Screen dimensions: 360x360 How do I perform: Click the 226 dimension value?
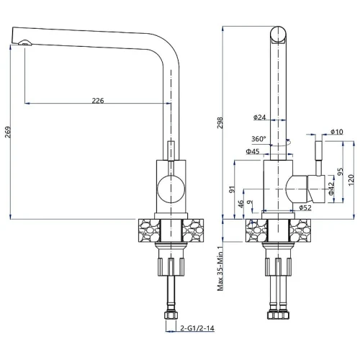98,100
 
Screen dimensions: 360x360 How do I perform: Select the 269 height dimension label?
8,132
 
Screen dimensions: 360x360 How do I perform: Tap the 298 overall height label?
220,122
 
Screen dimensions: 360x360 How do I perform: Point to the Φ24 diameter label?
259,117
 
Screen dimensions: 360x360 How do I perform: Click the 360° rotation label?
258,139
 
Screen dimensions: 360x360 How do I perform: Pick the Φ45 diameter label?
253,151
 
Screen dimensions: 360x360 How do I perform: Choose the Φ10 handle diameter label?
336,132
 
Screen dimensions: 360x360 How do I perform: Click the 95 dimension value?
341,171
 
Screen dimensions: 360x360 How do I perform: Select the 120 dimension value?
351,180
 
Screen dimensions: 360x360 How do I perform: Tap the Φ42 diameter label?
331,189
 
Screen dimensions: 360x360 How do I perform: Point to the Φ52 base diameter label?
305,207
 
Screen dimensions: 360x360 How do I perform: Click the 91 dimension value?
232,189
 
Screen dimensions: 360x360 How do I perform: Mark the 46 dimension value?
240,204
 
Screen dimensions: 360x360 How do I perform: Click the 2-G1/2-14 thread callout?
197,328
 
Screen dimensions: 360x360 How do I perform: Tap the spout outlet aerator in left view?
24,42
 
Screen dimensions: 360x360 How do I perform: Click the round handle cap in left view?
171,189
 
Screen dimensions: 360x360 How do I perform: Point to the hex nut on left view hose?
171,315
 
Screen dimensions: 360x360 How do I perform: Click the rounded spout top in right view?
278,35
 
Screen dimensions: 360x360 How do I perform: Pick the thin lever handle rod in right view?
318,158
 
